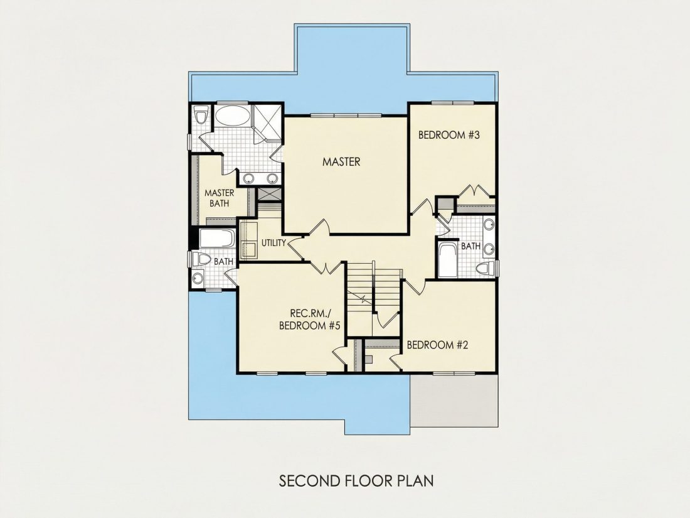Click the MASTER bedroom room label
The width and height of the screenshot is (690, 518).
point(341,161)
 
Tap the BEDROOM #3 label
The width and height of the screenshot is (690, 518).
point(449,135)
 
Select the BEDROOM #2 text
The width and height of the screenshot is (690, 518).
point(437,345)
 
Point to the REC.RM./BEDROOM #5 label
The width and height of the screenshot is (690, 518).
point(310,320)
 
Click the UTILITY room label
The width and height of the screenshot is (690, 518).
point(273,243)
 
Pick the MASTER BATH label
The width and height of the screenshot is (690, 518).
point(219,198)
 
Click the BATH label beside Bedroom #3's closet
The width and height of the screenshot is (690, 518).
point(470,246)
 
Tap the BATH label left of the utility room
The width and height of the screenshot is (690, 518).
point(223,262)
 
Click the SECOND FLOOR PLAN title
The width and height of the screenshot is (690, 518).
point(356,480)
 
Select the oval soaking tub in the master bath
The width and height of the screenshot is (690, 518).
point(232,116)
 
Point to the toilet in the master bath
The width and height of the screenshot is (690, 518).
point(201,116)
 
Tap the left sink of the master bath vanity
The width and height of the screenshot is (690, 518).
point(249,178)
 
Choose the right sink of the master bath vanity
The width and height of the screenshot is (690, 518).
point(272,178)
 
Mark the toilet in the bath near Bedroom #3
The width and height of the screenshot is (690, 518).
point(486,268)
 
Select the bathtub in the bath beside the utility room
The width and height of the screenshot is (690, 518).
point(216,239)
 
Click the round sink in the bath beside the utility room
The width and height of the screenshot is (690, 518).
point(198,278)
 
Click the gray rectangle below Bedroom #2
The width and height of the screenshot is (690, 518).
point(455,401)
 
